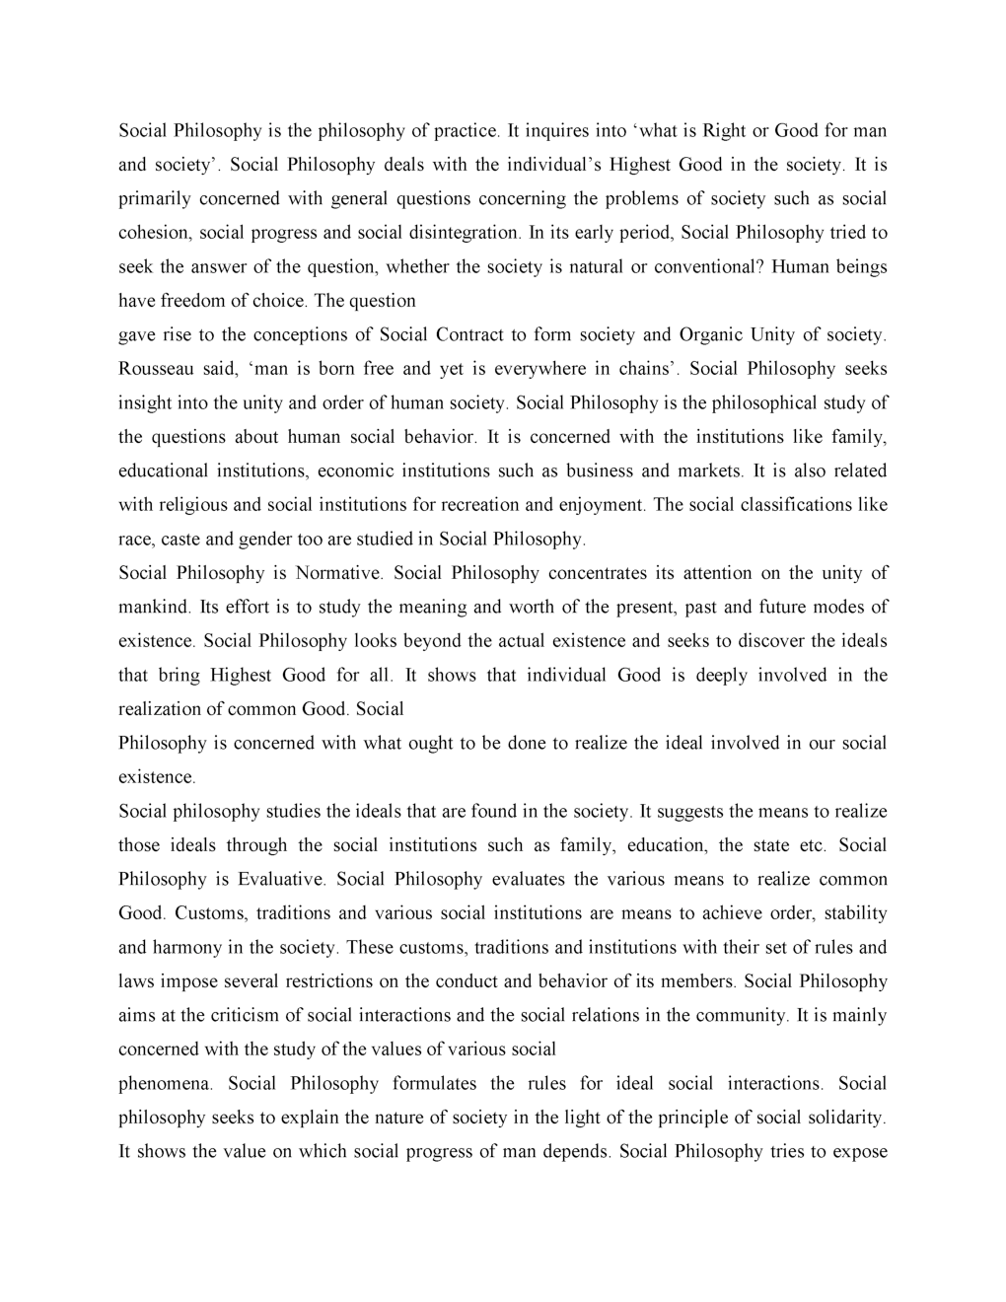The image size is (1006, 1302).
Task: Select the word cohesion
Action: click(154, 233)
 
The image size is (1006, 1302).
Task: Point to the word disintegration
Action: click(462, 233)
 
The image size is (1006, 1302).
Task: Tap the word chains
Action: click(645, 369)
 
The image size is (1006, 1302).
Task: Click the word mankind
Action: click(153, 607)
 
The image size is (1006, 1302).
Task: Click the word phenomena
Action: click(164, 1084)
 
